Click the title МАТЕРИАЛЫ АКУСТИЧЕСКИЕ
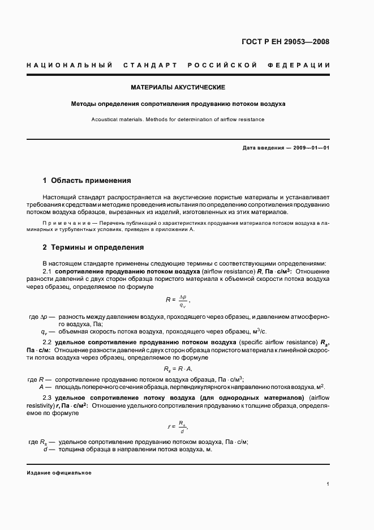click(178, 87)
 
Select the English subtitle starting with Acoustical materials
click(178, 119)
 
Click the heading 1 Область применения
click(87, 181)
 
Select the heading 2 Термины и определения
click(93, 247)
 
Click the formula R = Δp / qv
click(178, 300)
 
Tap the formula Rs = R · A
click(178, 369)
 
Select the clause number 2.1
click(48, 272)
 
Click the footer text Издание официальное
click(59, 472)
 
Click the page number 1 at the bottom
click(328, 484)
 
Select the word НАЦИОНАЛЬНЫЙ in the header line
click(70, 66)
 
